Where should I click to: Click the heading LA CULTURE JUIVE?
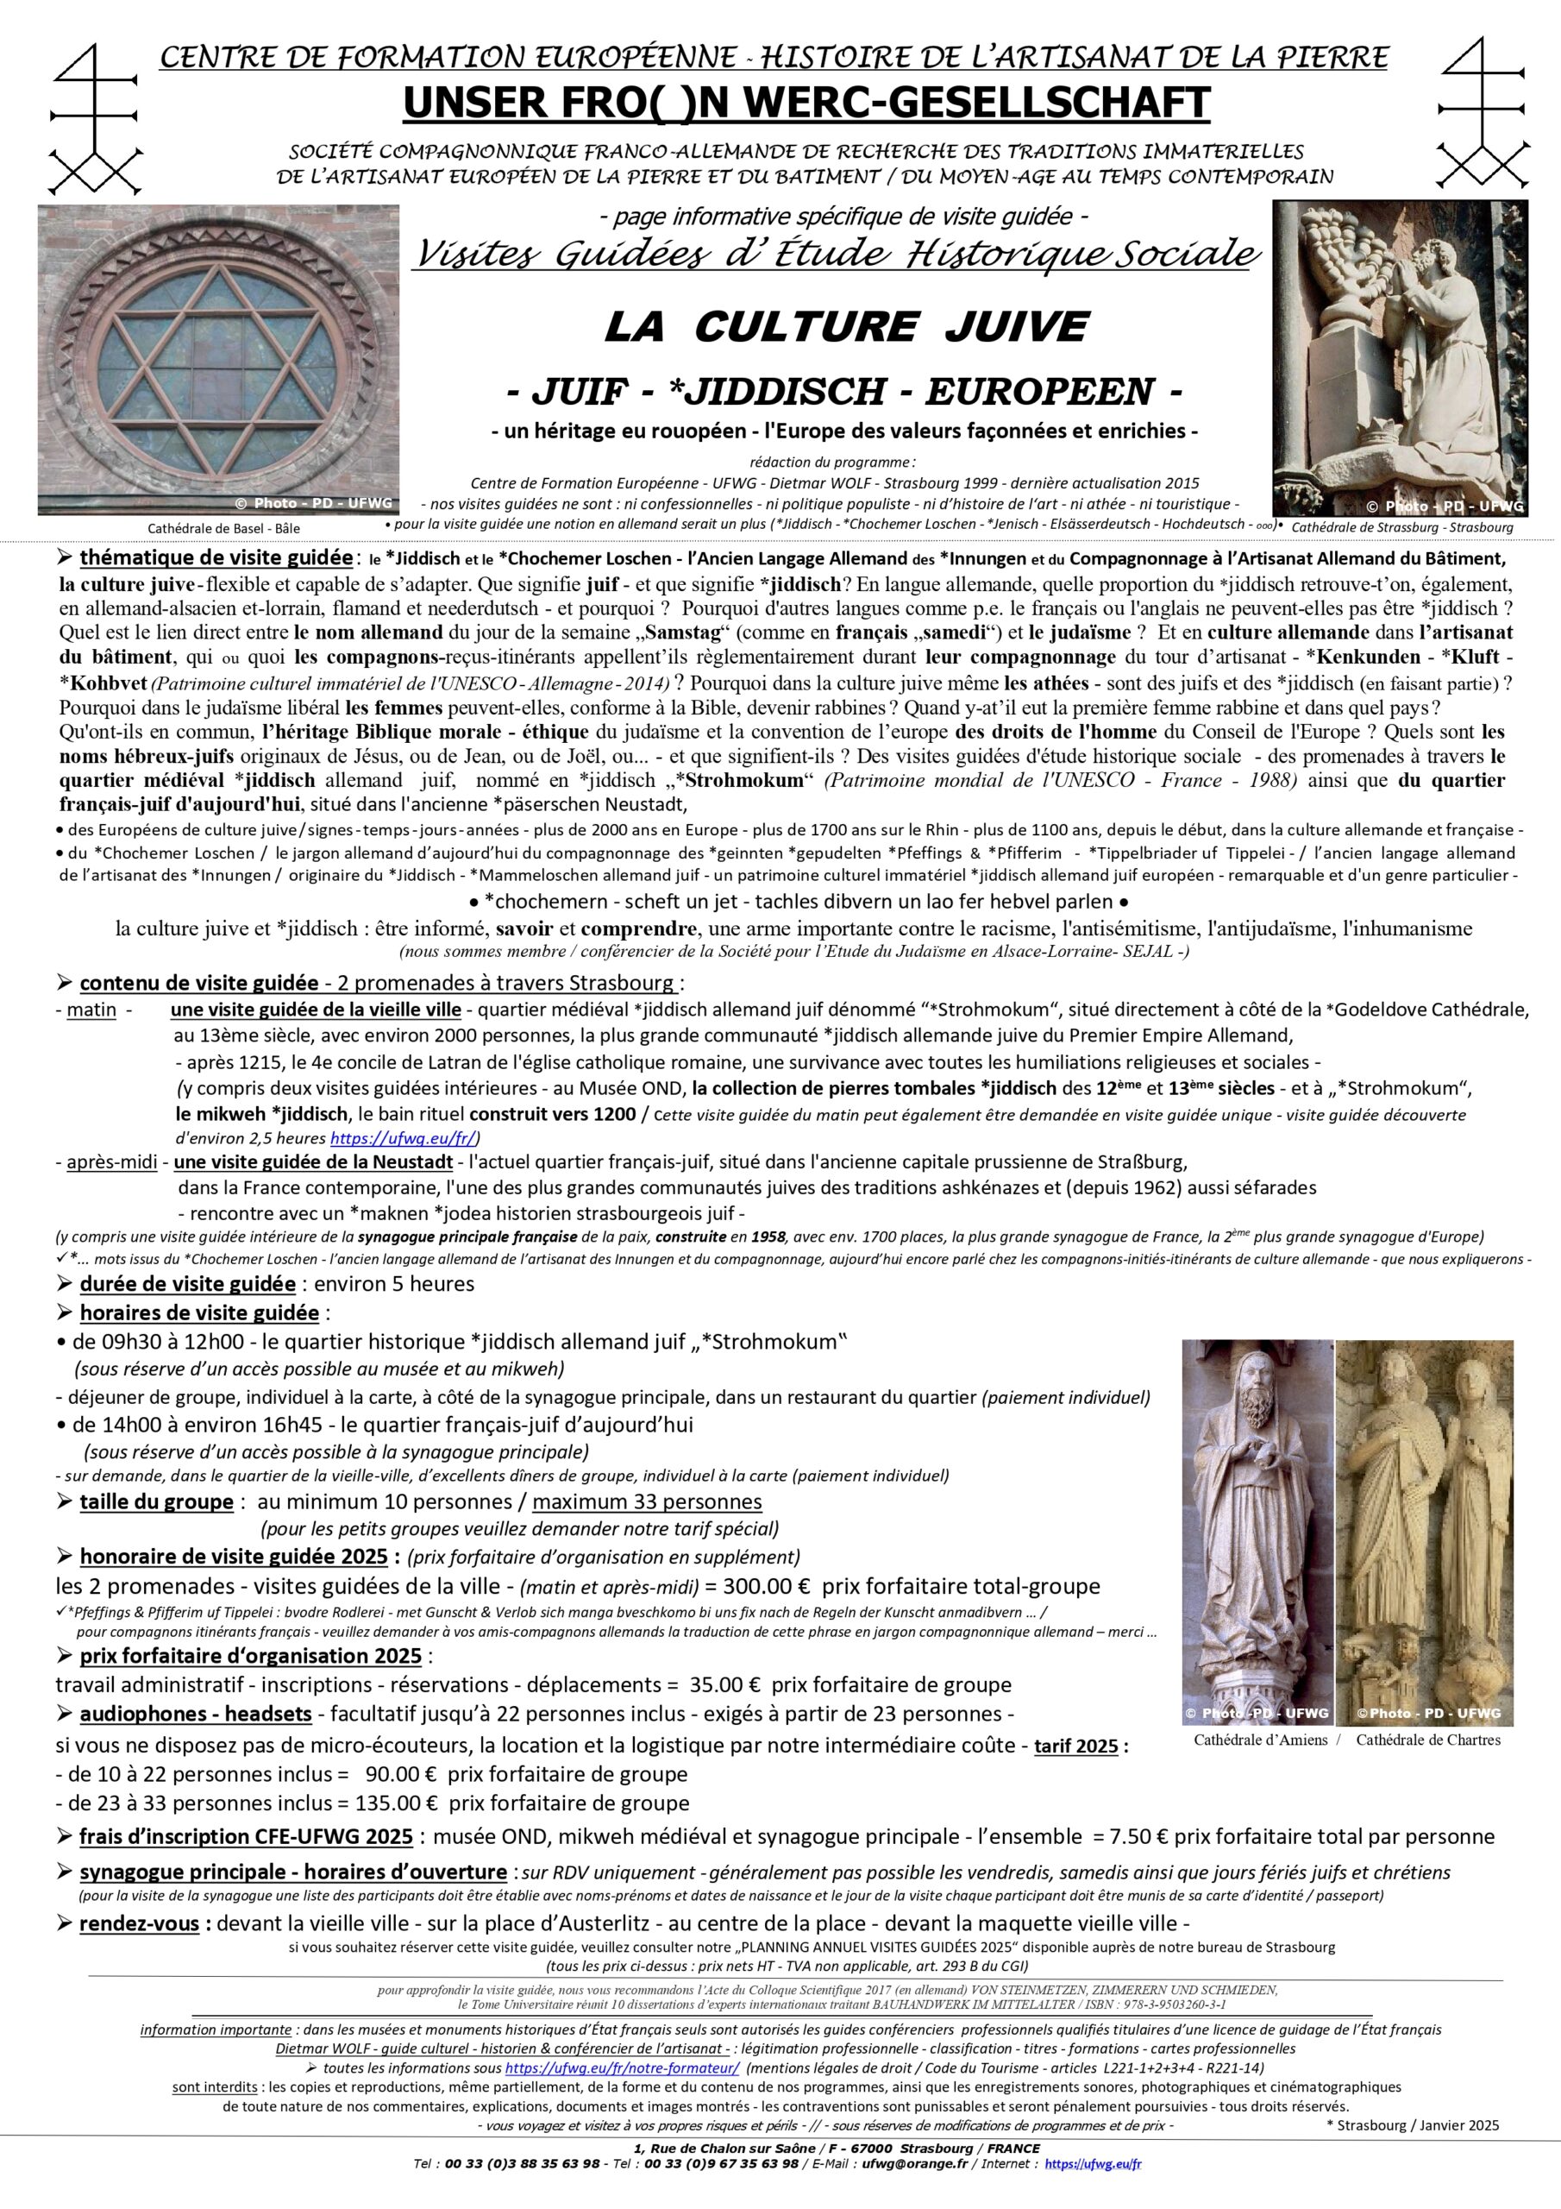[845, 328]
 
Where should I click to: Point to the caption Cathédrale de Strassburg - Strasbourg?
[1402, 527]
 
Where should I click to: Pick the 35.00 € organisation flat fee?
[720, 1684]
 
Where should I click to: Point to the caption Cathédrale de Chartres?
[1428, 1740]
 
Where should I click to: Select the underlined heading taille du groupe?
[156, 1501]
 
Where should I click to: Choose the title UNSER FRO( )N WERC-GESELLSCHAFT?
[806, 103]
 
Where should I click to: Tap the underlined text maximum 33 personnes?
[646, 1501]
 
